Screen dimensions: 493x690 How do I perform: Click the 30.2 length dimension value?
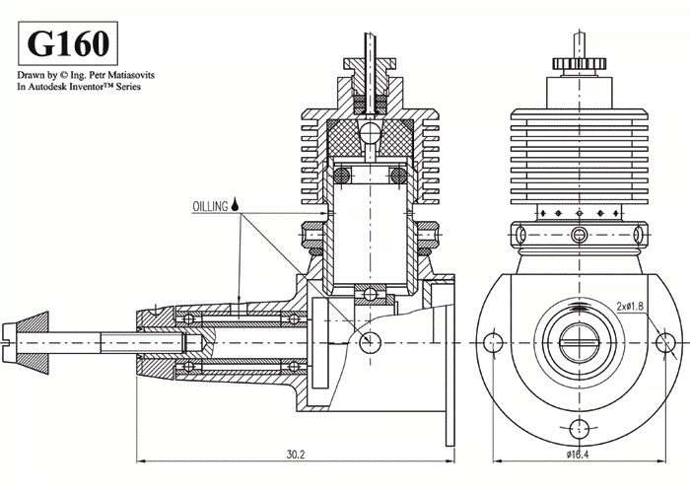point(295,455)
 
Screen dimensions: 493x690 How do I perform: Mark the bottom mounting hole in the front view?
point(579,427)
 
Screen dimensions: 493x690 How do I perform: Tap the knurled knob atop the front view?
point(579,65)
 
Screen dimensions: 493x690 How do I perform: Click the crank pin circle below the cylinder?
point(370,341)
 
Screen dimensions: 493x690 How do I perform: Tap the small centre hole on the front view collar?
point(579,234)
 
